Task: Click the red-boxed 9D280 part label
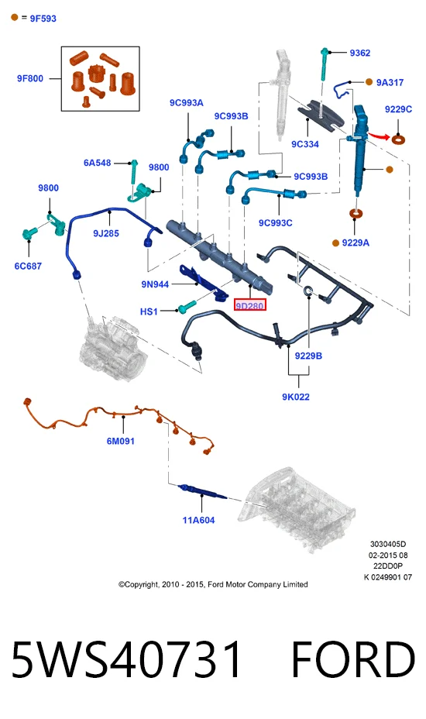point(250,305)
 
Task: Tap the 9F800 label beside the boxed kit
point(30,78)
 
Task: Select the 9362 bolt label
point(360,53)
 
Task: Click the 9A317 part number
point(390,83)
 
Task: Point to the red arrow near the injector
point(380,136)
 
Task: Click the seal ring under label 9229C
point(398,138)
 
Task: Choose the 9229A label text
point(356,243)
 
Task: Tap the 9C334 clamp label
point(305,144)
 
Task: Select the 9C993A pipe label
point(186,103)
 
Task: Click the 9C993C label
point(275,223)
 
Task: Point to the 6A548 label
point(98,163)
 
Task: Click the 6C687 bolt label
point(28,266)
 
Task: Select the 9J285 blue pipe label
point(106,233)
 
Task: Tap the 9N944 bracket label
point(155,284)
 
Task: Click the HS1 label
point(149,311)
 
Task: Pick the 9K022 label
point(295,397)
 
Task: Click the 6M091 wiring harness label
point(121,441)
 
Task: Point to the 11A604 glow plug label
point(198,520)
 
